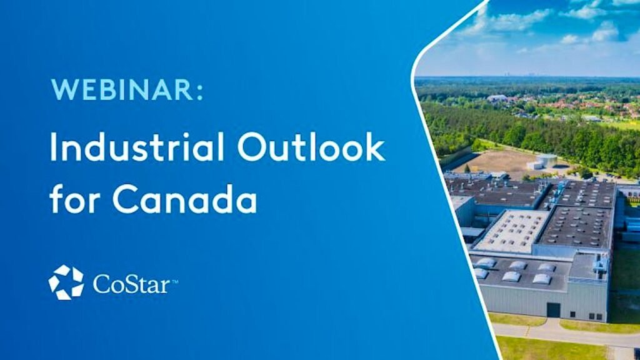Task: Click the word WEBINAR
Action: click(x=122, y=89)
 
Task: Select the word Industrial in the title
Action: click(x=137, y=146)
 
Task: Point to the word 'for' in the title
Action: click(x=74, y=198)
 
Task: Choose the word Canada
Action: click(x=185, y=198)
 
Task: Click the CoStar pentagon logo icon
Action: click(x=66, y=282)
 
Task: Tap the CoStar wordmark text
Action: click(x=131, y=283)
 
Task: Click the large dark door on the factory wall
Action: click(x=554, y=310)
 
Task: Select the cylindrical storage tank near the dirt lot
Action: click(x=546, y=161)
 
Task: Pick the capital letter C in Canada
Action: click(x=125, y=199)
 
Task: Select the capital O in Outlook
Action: click(x=252, y=147)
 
